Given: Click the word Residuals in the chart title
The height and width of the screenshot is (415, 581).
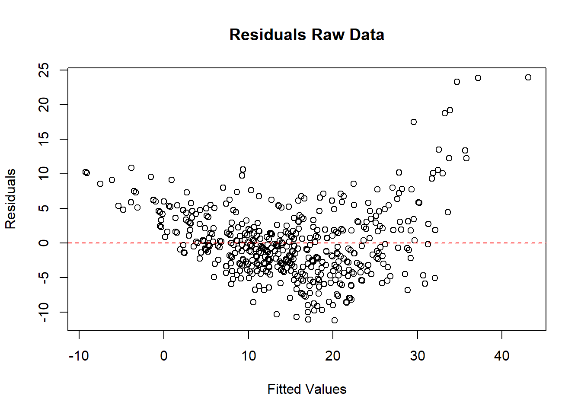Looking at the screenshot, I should [x=268, y=35].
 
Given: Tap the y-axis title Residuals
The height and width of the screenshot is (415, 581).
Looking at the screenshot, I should [x=10, y=199].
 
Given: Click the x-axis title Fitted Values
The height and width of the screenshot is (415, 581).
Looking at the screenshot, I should [x=307, y=389].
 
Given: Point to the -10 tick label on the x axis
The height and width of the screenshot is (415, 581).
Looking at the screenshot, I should [x=79, y=356].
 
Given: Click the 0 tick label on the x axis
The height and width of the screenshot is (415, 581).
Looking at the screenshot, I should [x=164, y=356].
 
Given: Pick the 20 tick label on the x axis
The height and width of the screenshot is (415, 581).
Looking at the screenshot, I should [x=333, y=356].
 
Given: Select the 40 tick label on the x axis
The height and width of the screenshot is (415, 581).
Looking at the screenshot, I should [x=502, y=356].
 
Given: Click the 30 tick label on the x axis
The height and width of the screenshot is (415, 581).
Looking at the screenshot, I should [x=418, y=356].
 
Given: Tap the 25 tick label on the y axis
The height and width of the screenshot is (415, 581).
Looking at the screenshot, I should [x=44, y=70].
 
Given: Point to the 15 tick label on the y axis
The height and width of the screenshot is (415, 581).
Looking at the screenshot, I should [x=44, y=139].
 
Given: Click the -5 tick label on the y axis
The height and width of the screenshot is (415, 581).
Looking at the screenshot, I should [x=44, y=278].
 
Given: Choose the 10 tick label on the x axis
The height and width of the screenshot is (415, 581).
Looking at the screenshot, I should [x=249, y=356].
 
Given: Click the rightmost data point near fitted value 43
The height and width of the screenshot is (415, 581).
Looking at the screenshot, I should [x=528, y=77].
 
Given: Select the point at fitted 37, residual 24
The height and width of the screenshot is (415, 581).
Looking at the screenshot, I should [x=478, y=78].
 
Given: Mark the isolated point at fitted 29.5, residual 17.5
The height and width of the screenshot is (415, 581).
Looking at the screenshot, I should [x=414, y=122].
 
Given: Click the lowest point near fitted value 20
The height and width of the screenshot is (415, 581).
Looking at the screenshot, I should [x=335, y=320].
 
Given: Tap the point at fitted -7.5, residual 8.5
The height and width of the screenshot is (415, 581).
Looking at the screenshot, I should [x=100, y=184].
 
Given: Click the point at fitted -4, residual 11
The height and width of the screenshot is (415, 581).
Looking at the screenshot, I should [x=131, y=168].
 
